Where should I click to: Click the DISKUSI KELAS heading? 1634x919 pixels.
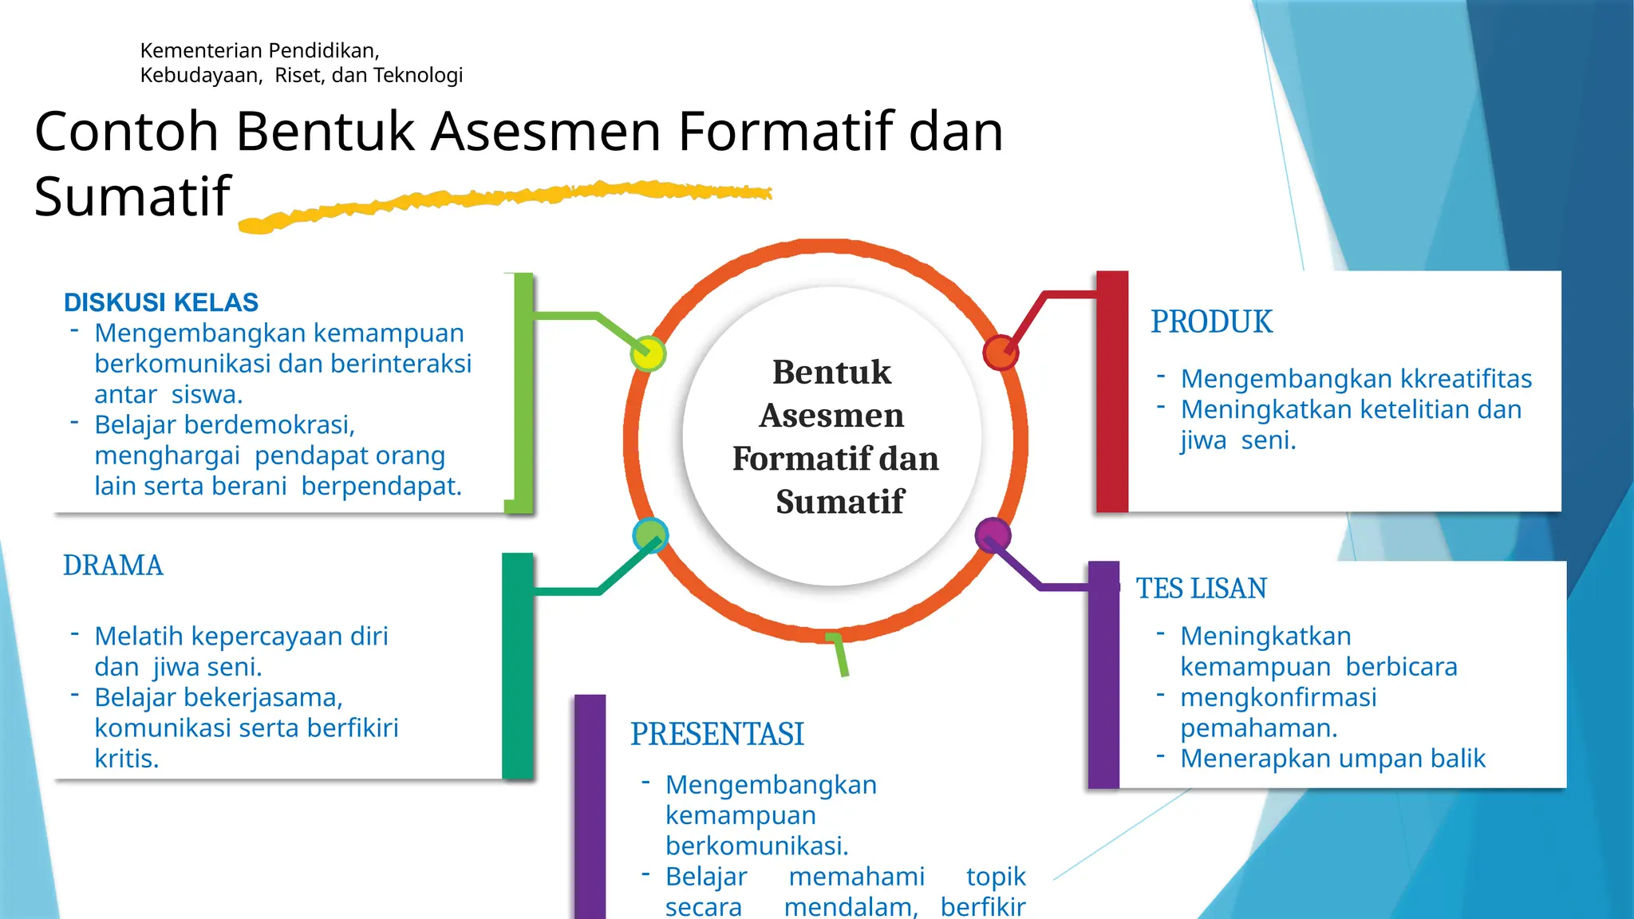[161, 303]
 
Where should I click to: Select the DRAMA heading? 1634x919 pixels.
[113, 566]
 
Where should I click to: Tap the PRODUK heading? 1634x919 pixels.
[1211, 322]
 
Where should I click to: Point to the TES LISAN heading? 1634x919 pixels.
[1201, 589]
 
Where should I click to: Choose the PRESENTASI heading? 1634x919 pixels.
[717, 735]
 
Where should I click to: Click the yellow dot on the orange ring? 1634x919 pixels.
[648, 353]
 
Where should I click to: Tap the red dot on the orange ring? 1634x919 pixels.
[1001, 353]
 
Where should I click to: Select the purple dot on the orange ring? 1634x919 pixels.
[993, 534]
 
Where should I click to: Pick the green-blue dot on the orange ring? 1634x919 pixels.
[650, 535]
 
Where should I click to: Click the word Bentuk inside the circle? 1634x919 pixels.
[831, 373]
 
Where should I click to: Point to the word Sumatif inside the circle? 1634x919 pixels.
[840, 502]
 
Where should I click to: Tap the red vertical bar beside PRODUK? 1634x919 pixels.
[1112, 391]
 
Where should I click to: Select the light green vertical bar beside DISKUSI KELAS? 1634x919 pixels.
[523, 392]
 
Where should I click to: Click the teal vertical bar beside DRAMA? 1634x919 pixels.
[517, 665]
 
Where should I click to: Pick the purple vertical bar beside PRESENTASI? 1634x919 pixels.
[590, 806]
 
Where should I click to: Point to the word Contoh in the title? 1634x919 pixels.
[126, 132]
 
